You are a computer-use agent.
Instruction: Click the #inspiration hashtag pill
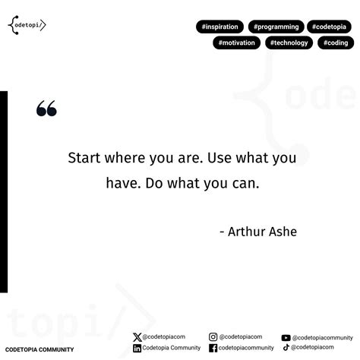point(221,27)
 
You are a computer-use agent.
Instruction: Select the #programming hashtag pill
point(276,27)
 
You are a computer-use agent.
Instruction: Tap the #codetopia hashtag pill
point(329,27)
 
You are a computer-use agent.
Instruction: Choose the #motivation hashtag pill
point(236,43)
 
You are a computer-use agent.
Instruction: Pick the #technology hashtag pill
point(289,43)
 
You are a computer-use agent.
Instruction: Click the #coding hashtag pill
point(335,43)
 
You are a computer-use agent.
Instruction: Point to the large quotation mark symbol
point(46,109)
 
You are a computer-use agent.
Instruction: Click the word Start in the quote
point(85,158)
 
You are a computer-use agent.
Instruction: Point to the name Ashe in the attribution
point(280,231)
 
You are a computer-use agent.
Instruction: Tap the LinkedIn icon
point(137,349)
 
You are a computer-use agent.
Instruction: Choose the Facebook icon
point(213,349)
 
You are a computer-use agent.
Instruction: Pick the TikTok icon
point(286,348)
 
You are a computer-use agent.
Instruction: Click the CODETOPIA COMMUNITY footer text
point(39,350)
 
